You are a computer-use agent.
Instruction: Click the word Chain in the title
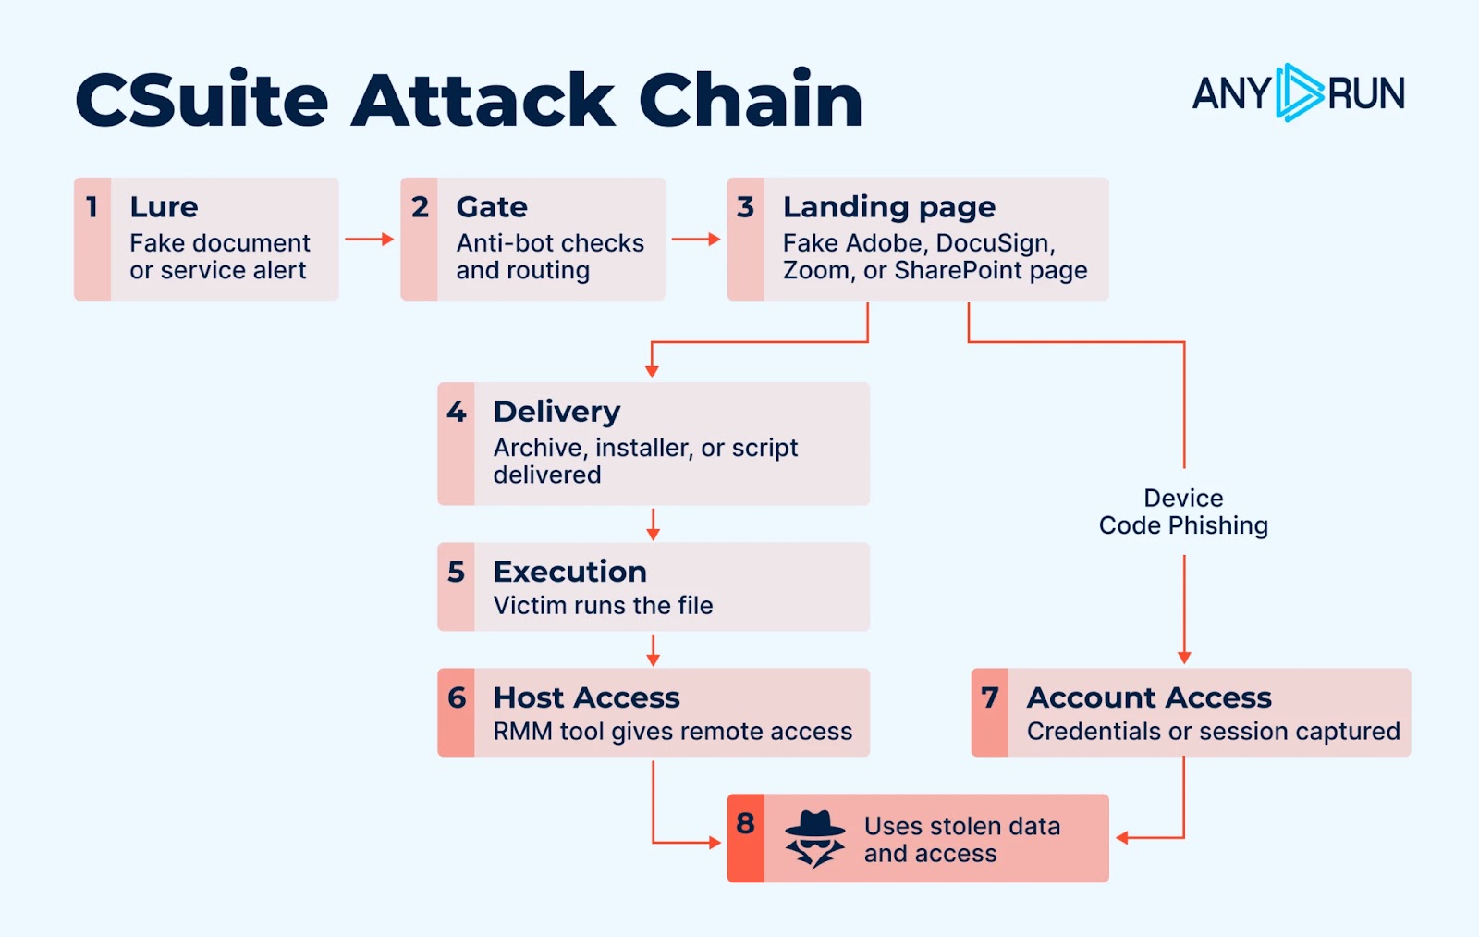pyautogui.click(x=751, y=100)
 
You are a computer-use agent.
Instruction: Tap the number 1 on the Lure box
pyautogui.click(x=92, y=207)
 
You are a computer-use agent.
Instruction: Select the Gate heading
pyautogui.click(x=492, y=207)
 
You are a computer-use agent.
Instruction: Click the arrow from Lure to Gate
pyautogui.click(x=369, y=240)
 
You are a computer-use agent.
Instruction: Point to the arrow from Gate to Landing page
pyautogui.click(x=696, y=240)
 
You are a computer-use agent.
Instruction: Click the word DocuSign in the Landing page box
pyautogui.click(x=995, y=243)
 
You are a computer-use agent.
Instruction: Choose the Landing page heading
pyautogui.click(x=889, y=207)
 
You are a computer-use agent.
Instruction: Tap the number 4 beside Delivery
pyautogui.click(x=457, y=412)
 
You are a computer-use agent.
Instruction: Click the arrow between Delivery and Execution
pyautogui.click(x=653, y=524)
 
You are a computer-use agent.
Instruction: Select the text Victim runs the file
pyautogui.click(x=603, y=605)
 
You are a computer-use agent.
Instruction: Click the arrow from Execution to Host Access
pyautogui.click(x=653, y=650)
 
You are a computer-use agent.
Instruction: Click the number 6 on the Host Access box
pyautogui.click(x=457, y=697)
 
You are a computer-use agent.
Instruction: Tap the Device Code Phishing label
pyautogui.click(x=1183, y=512)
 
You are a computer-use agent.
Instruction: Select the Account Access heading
pyautogui.click(x=1149, y=697)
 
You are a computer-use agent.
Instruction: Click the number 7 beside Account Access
pyautogui.click(x=989, y=697)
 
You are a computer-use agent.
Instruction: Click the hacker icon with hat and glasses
pyautogui.click(x=814, y=839)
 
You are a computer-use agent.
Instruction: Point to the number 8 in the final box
pyautogui.click(x=745, y=823)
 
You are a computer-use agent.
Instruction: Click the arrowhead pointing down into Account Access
pyautogui.click(x=1184, y=658)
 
